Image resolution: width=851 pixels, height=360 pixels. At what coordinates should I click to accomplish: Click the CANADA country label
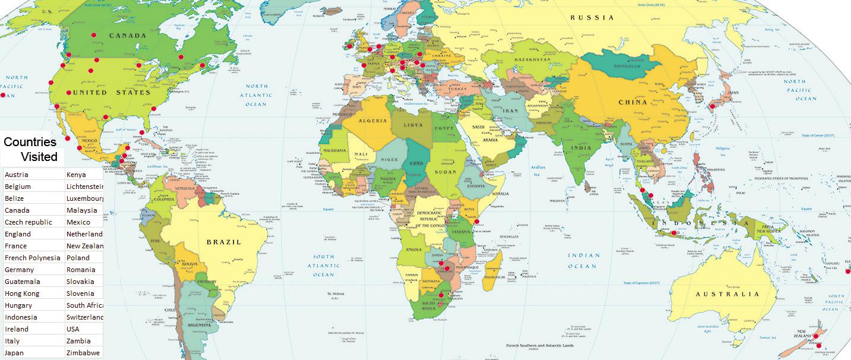[127, 36]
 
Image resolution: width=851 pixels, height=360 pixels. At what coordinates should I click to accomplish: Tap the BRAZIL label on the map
[223, 242]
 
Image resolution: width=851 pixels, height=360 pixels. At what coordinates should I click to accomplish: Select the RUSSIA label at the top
[592, 18]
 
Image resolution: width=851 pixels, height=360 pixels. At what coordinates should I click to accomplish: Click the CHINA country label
[632, 102]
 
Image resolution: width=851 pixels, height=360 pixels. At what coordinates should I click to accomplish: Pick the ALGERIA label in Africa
[372, 121]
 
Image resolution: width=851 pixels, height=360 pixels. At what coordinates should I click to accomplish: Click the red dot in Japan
[712, 107]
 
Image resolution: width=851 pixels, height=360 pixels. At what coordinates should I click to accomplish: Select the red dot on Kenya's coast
[477, 222]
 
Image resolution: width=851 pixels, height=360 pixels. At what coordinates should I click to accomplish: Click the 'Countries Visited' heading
[30, 149]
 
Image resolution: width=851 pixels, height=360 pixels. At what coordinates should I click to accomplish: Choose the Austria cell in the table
[33, 175]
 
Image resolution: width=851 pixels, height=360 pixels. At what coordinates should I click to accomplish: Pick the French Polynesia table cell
[33, 258]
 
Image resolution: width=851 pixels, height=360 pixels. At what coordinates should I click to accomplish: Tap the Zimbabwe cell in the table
[83, 353]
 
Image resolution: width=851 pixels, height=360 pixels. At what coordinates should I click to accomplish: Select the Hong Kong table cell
[33, 293]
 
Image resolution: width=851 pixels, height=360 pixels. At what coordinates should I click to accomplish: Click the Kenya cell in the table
[83, 175]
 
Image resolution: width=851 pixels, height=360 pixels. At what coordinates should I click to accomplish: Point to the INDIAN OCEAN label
[584, 261]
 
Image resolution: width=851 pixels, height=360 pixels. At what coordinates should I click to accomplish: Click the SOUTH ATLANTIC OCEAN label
[324, 266]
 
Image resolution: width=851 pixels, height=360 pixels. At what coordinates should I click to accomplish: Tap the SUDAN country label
[445, 172]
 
